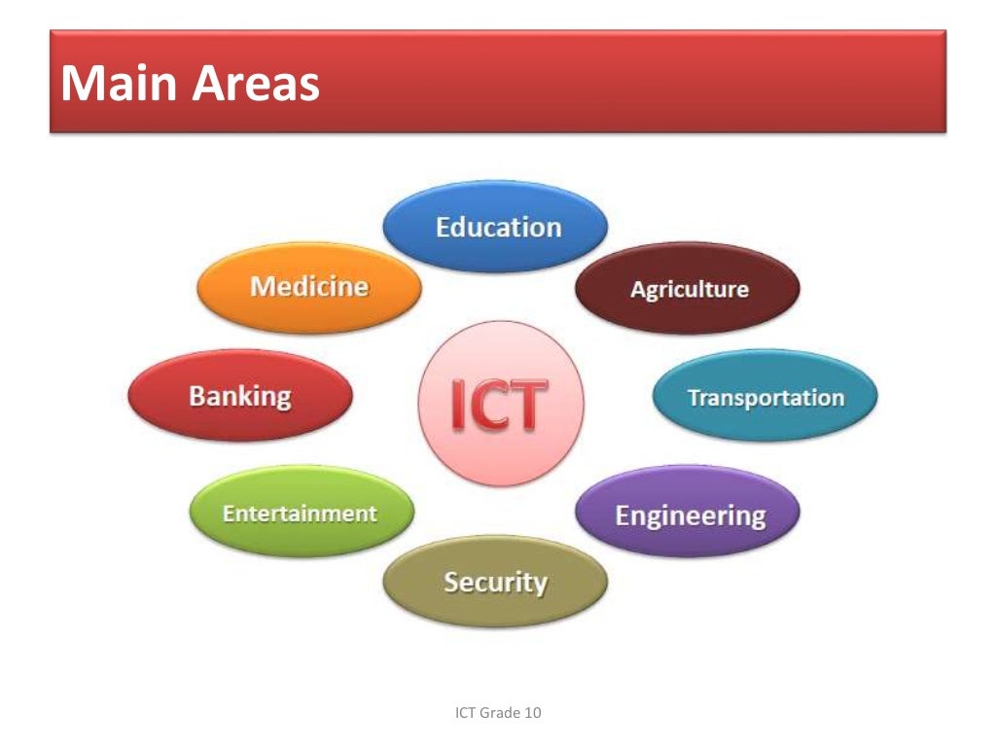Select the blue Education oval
coord(496,227)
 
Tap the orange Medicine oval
coord(309,287)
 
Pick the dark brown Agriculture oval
coord(688,289)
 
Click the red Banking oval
coord(240,396)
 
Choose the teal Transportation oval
coord(765,397)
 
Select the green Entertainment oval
coord(300,513)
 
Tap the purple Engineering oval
coord(689,514)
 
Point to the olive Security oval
coord(495,582)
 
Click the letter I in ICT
coord(457,406)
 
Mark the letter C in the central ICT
coord(489,406)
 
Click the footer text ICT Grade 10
coord(498,713)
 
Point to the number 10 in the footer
coord(532,713)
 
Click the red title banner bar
coord(632,82)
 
